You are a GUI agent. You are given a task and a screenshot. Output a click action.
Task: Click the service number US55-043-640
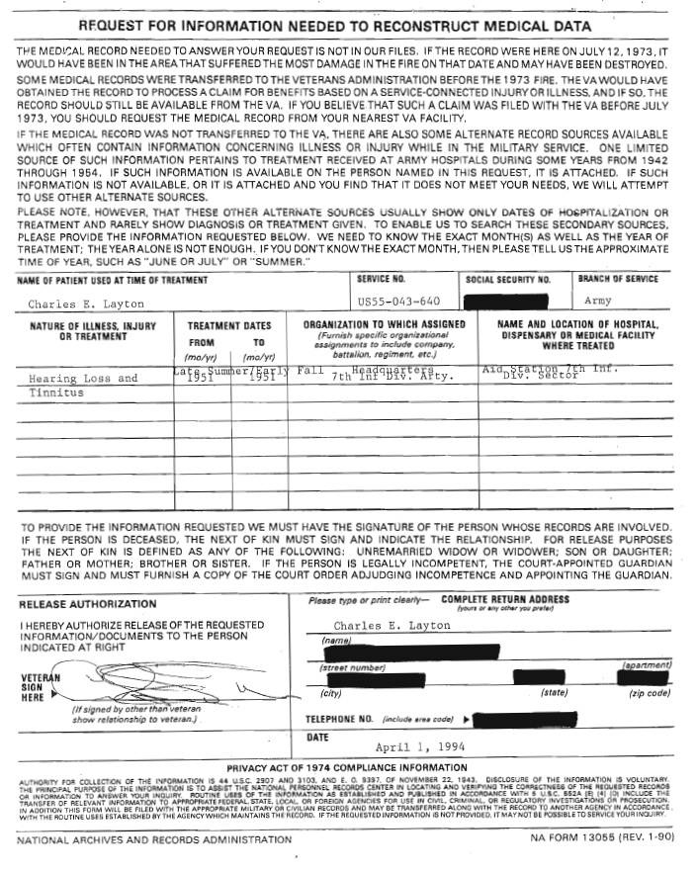point(398,301)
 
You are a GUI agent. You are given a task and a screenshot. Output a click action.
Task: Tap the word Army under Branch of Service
point(598,301)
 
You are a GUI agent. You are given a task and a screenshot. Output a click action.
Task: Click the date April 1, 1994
point(419,746)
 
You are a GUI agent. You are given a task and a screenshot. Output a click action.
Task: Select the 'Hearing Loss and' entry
point(83,378)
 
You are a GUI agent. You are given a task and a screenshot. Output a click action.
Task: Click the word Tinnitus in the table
point(56,393)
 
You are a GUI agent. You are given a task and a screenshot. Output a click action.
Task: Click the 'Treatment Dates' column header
point(228,324)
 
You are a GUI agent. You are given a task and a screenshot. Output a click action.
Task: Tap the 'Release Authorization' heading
point(87,603)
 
